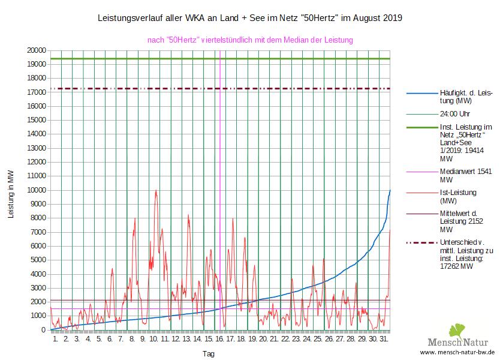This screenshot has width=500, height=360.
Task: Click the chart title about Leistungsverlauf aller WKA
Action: [x=249, y=19]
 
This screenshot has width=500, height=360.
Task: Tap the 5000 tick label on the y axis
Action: [x=38, y=260]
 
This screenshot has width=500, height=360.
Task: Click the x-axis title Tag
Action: [x=208, y=353]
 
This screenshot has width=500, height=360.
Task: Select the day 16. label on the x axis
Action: [x=221, y=340]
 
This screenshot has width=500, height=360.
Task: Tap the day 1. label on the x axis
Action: [x=55, y=340]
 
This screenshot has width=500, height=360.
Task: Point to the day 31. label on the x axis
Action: [x=385, y=340]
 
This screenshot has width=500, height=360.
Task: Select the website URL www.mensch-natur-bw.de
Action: [x=457, y=352]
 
